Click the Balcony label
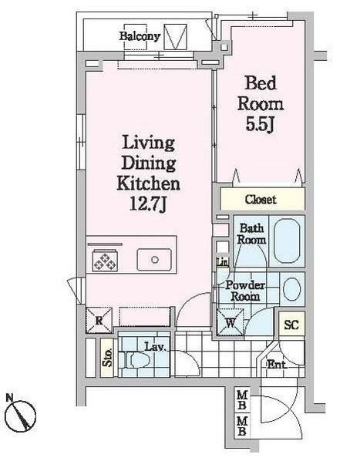coord(140,35)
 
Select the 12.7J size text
coord(149,204)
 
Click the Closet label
coord(261,200)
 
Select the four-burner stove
coord(104,261)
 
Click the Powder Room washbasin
coord(292,290)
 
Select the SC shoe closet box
coord(292,325)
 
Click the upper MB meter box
coord(242,402)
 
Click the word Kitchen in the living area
coord(149,183)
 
